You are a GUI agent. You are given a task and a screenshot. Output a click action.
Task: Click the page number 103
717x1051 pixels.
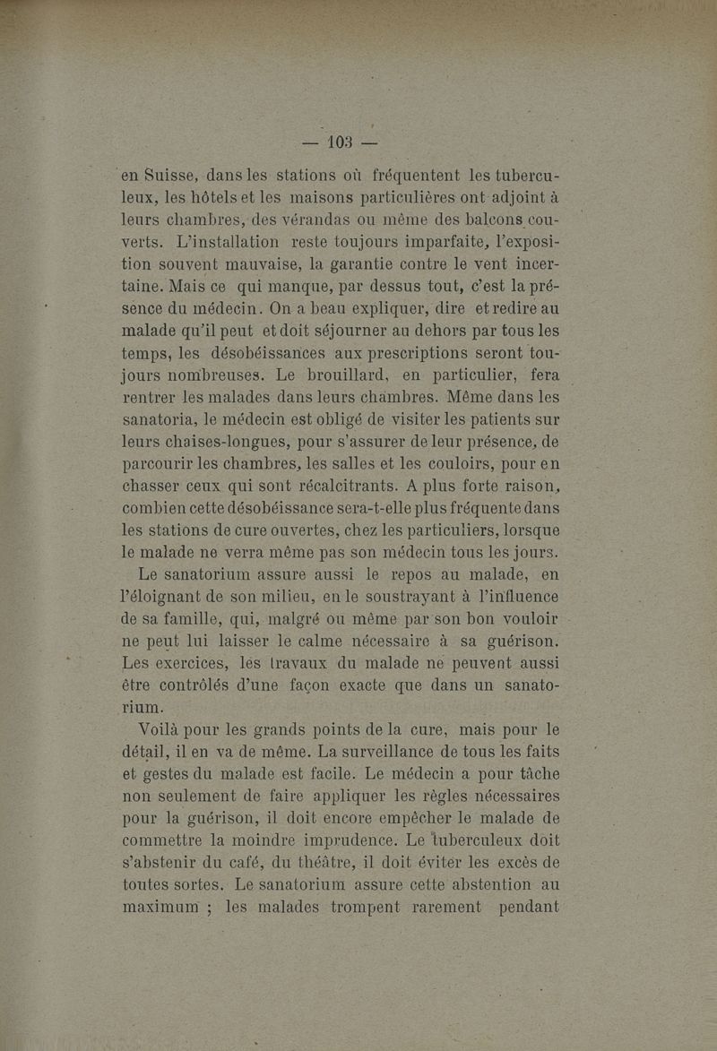tap(341, 142)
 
